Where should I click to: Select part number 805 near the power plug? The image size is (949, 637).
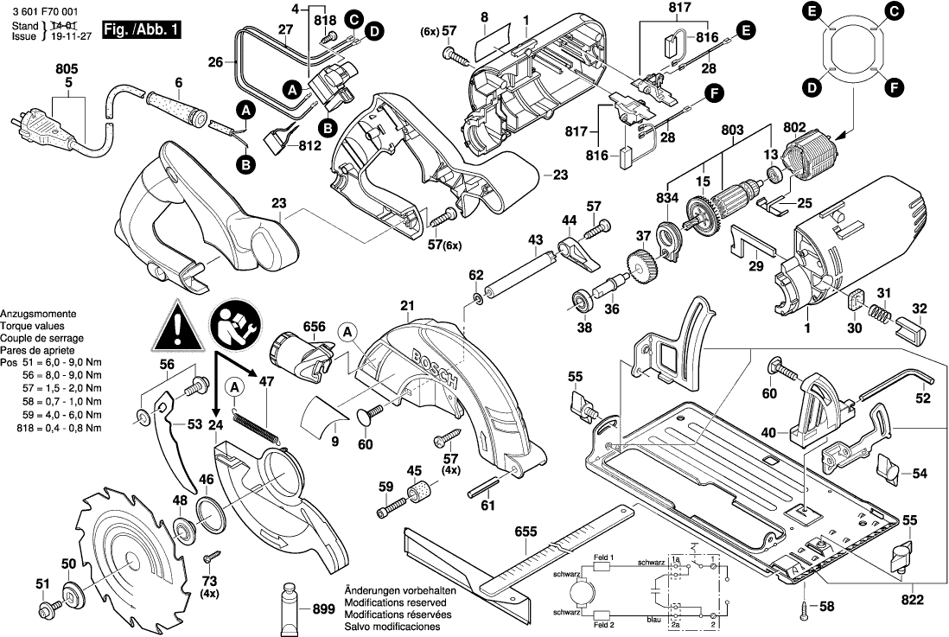point(67,67)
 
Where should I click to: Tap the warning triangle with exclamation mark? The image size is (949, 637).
point(175,327)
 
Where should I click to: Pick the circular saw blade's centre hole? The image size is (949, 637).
point(128,564)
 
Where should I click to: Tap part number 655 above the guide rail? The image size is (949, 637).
point(525,533)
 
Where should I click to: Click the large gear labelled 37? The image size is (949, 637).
point(642,263)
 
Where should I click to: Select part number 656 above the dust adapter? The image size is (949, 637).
point(314,328)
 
